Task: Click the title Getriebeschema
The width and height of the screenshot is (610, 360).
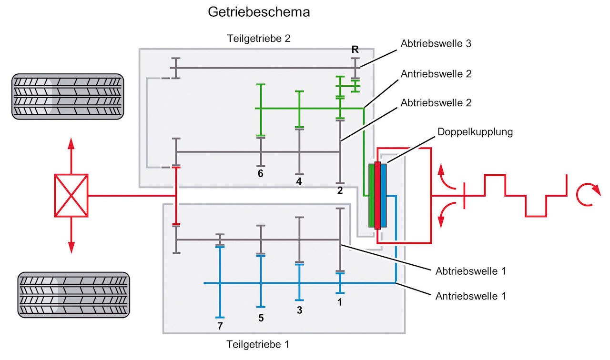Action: (x=259, y=12)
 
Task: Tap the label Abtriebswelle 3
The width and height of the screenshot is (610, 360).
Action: (x=436, y=44)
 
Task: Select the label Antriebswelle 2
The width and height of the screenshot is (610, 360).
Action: (x=436, y=74)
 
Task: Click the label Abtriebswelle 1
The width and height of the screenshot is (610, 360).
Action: (x=470, y=271)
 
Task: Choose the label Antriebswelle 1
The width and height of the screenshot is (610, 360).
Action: (x=470, y=296)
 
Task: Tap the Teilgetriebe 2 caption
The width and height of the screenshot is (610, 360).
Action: (x=259, y=39)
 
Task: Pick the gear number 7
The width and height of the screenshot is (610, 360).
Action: (x=220, y=326)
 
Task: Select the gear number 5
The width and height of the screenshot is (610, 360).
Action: (x=261, y=318)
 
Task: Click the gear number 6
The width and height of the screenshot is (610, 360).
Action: (x=261, y=173)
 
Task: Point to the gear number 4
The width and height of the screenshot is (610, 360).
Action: (x=299, y=182)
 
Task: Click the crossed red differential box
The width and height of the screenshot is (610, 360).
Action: (x=71, y=195)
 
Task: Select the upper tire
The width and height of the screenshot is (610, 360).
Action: (x=67, y=96)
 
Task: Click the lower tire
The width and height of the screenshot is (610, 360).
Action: (x=73, y=294)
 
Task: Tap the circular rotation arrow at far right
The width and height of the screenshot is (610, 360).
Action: (x=585, y=195)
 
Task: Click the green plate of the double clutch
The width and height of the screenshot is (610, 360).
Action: (x=372, y=195)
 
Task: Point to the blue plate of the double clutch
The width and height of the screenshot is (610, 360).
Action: (x=383, y=195)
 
